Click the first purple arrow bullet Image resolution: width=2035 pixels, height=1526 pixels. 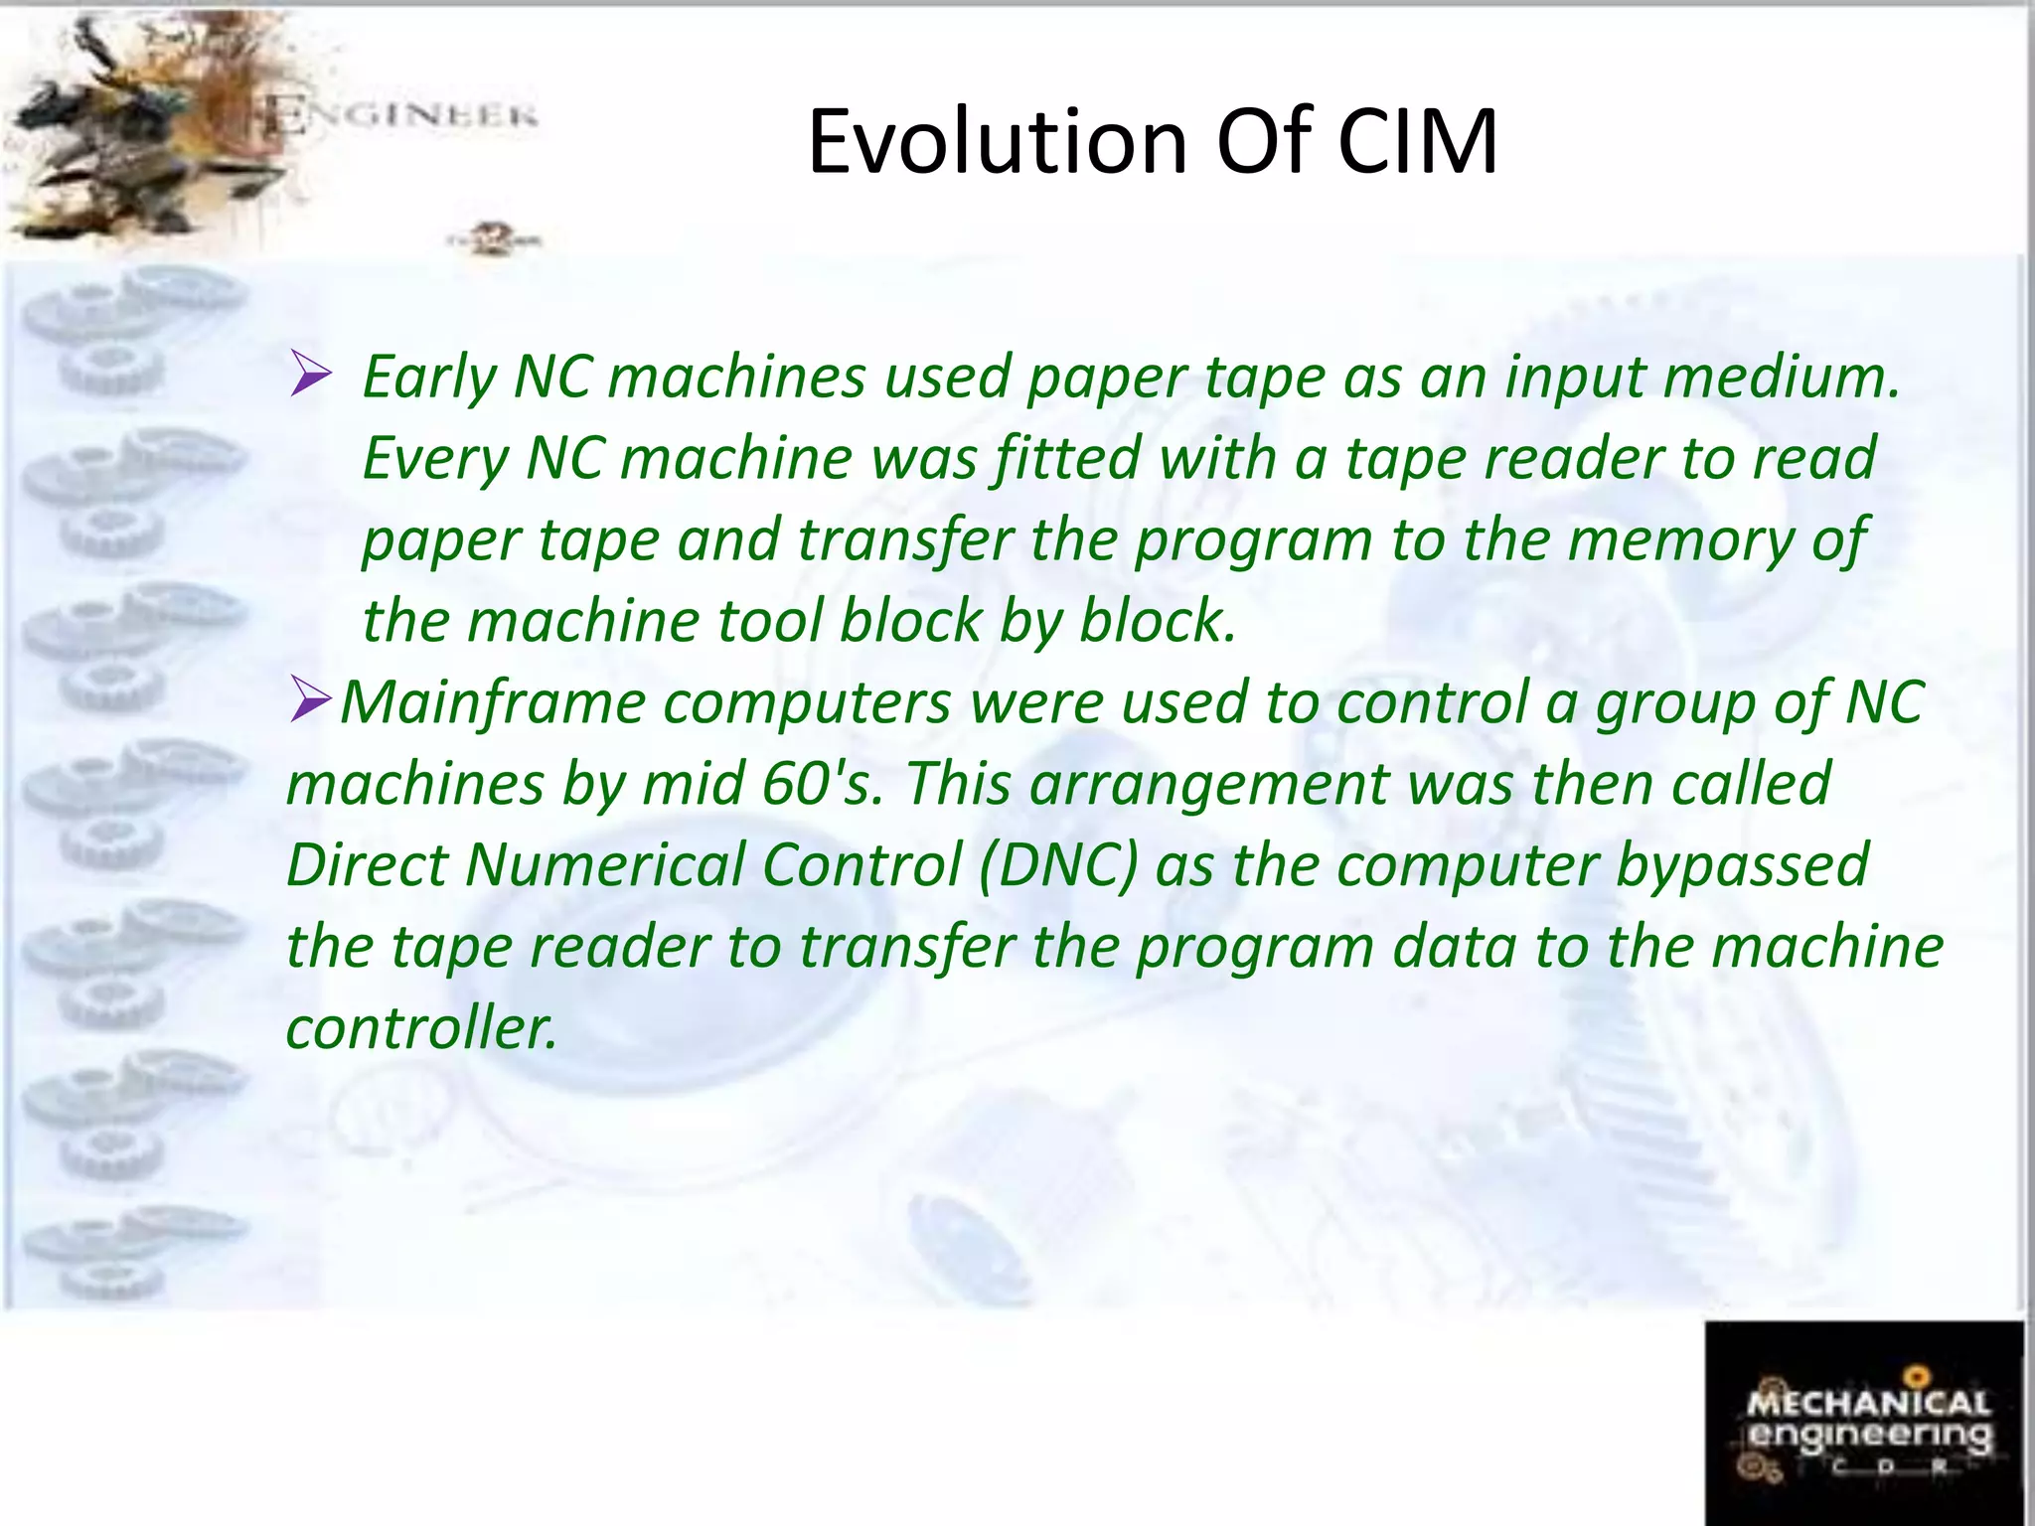pos(310,377)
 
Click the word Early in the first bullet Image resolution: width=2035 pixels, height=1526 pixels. pos(428,379)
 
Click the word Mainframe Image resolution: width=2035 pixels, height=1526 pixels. pos(493,702)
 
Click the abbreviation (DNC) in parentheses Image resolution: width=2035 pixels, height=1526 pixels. pos(1057,865)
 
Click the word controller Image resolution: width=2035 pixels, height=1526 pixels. pos(421,1028)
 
